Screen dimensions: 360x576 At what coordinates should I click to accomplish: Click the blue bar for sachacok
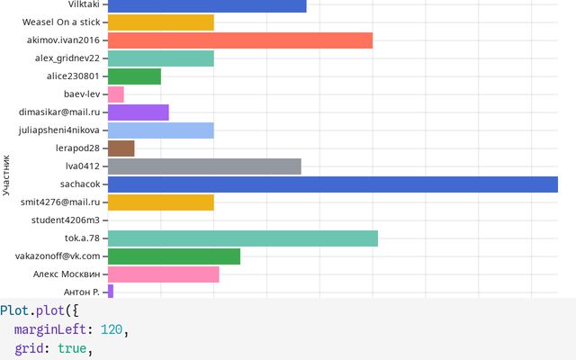pos(332,184)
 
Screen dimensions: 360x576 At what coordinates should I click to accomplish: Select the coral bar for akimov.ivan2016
pos(239,40)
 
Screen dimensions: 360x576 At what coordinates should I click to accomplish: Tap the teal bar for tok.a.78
pos(242,238)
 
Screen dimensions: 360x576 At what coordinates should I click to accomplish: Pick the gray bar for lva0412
pos(203,166)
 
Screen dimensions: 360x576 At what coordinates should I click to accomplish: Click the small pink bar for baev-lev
pos(115,94)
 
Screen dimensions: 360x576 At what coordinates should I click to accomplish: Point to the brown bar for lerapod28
pos(121,148)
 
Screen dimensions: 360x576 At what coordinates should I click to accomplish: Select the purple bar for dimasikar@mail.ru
pos(138,112)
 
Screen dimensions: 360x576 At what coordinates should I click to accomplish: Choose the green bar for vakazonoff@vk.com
pos(174,256)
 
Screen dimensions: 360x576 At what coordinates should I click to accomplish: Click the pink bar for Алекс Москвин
pos(163,274)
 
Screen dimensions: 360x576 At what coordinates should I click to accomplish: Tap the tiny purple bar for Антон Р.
pos(110,292)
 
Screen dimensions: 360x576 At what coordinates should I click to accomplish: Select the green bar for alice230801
pos(133,76)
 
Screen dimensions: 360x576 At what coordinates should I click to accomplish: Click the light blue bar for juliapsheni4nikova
pos(160,130)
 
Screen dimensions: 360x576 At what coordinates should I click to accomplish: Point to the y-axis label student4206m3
pos(66,220)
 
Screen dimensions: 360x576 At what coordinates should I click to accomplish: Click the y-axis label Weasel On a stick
pos(61,22)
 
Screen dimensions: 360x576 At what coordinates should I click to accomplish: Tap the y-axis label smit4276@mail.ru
pos(60,202)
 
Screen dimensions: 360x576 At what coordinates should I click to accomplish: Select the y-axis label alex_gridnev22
pos(67,58)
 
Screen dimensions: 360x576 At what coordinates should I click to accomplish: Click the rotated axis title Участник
pos(6,175)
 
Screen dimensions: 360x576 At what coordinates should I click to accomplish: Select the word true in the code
pos(72,348)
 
